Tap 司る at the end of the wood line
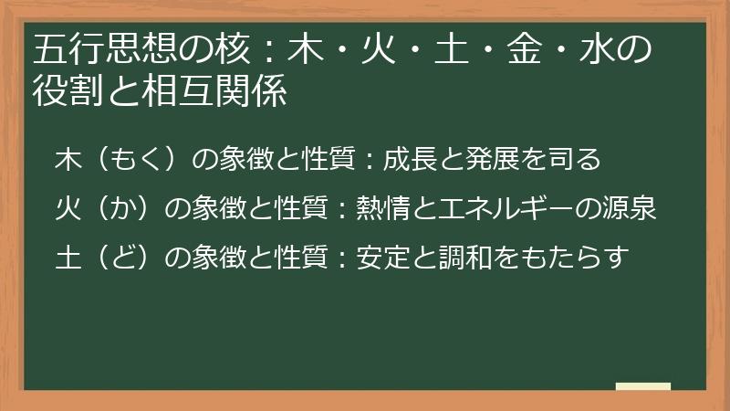point(575,160)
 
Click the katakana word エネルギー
point(520,210)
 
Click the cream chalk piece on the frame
point(643,386)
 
